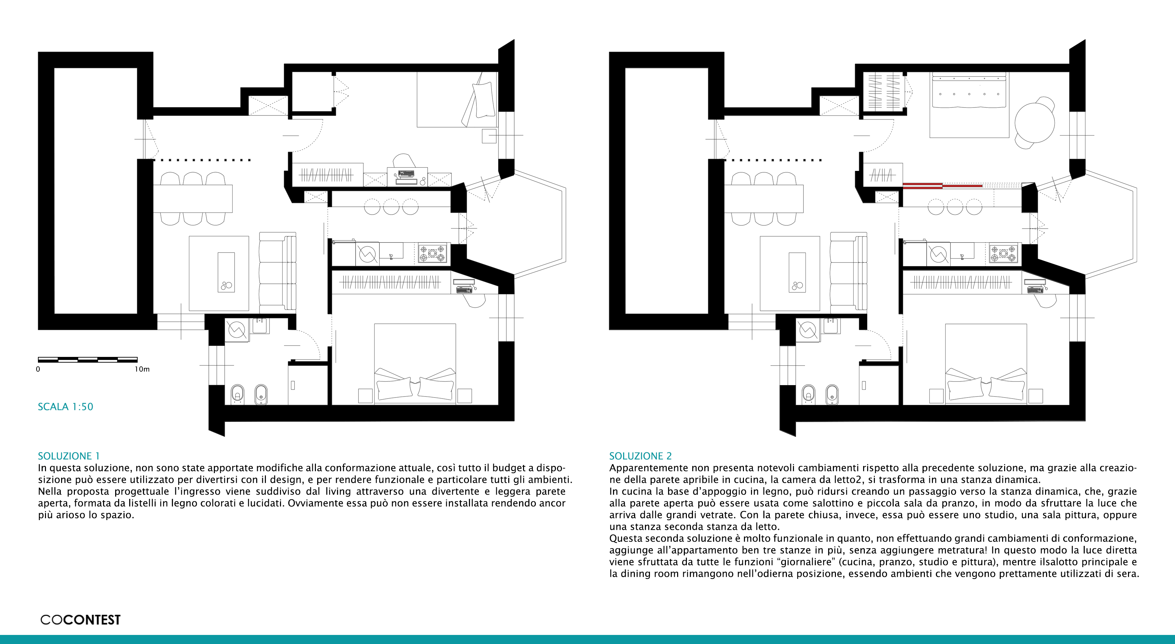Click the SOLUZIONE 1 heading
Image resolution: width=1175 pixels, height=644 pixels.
pos(68,456)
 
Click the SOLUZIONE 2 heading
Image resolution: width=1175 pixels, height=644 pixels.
pos(641,456)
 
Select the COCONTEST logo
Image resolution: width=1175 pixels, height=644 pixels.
pos(80,620)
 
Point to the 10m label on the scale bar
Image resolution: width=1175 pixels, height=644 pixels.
pos(142,369)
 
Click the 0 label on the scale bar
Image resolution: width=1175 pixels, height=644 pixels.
pos(38,369)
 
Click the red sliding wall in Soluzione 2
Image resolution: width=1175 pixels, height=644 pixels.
pos(942,185)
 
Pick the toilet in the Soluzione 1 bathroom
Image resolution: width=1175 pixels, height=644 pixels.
pos(237,394)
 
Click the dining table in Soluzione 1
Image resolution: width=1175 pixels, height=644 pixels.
pos(192,198)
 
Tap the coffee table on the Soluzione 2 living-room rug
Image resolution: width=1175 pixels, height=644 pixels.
pos(797,272)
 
